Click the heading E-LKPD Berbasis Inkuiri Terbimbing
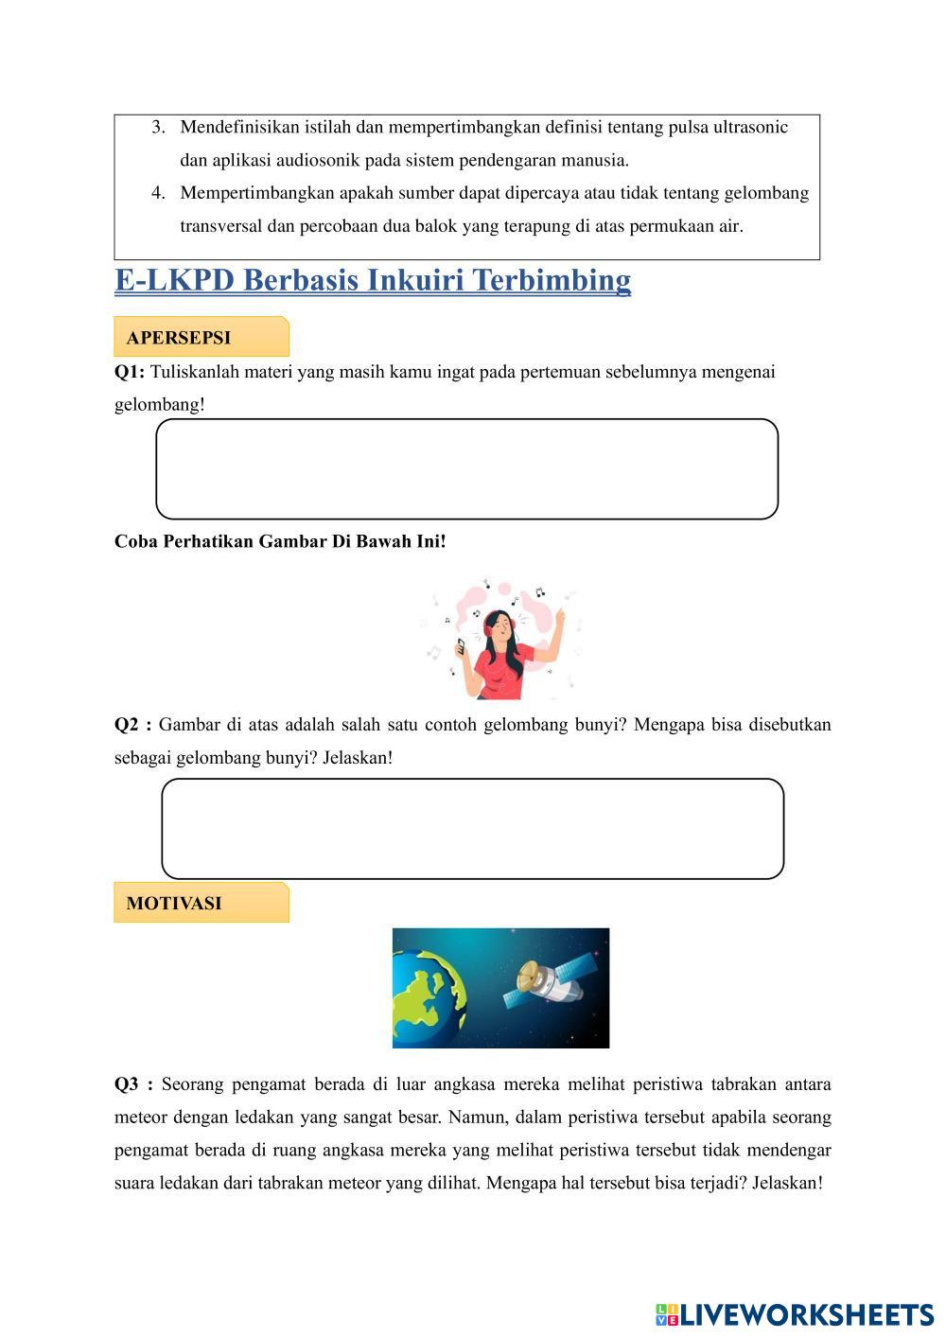(373, 280)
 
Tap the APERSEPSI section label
(179, 338)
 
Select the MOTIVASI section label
(174, 903)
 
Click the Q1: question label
(130, 372)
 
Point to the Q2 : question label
(133, 725)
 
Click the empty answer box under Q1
(466, 469)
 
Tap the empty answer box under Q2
(472, 829)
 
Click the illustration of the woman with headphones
(501, 640)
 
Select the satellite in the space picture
(553, 982)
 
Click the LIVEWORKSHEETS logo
(794, 1313)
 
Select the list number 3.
(158, 127)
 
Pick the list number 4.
(158, 193)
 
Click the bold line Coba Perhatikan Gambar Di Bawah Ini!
(280, 541)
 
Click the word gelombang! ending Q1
(159, 405)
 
